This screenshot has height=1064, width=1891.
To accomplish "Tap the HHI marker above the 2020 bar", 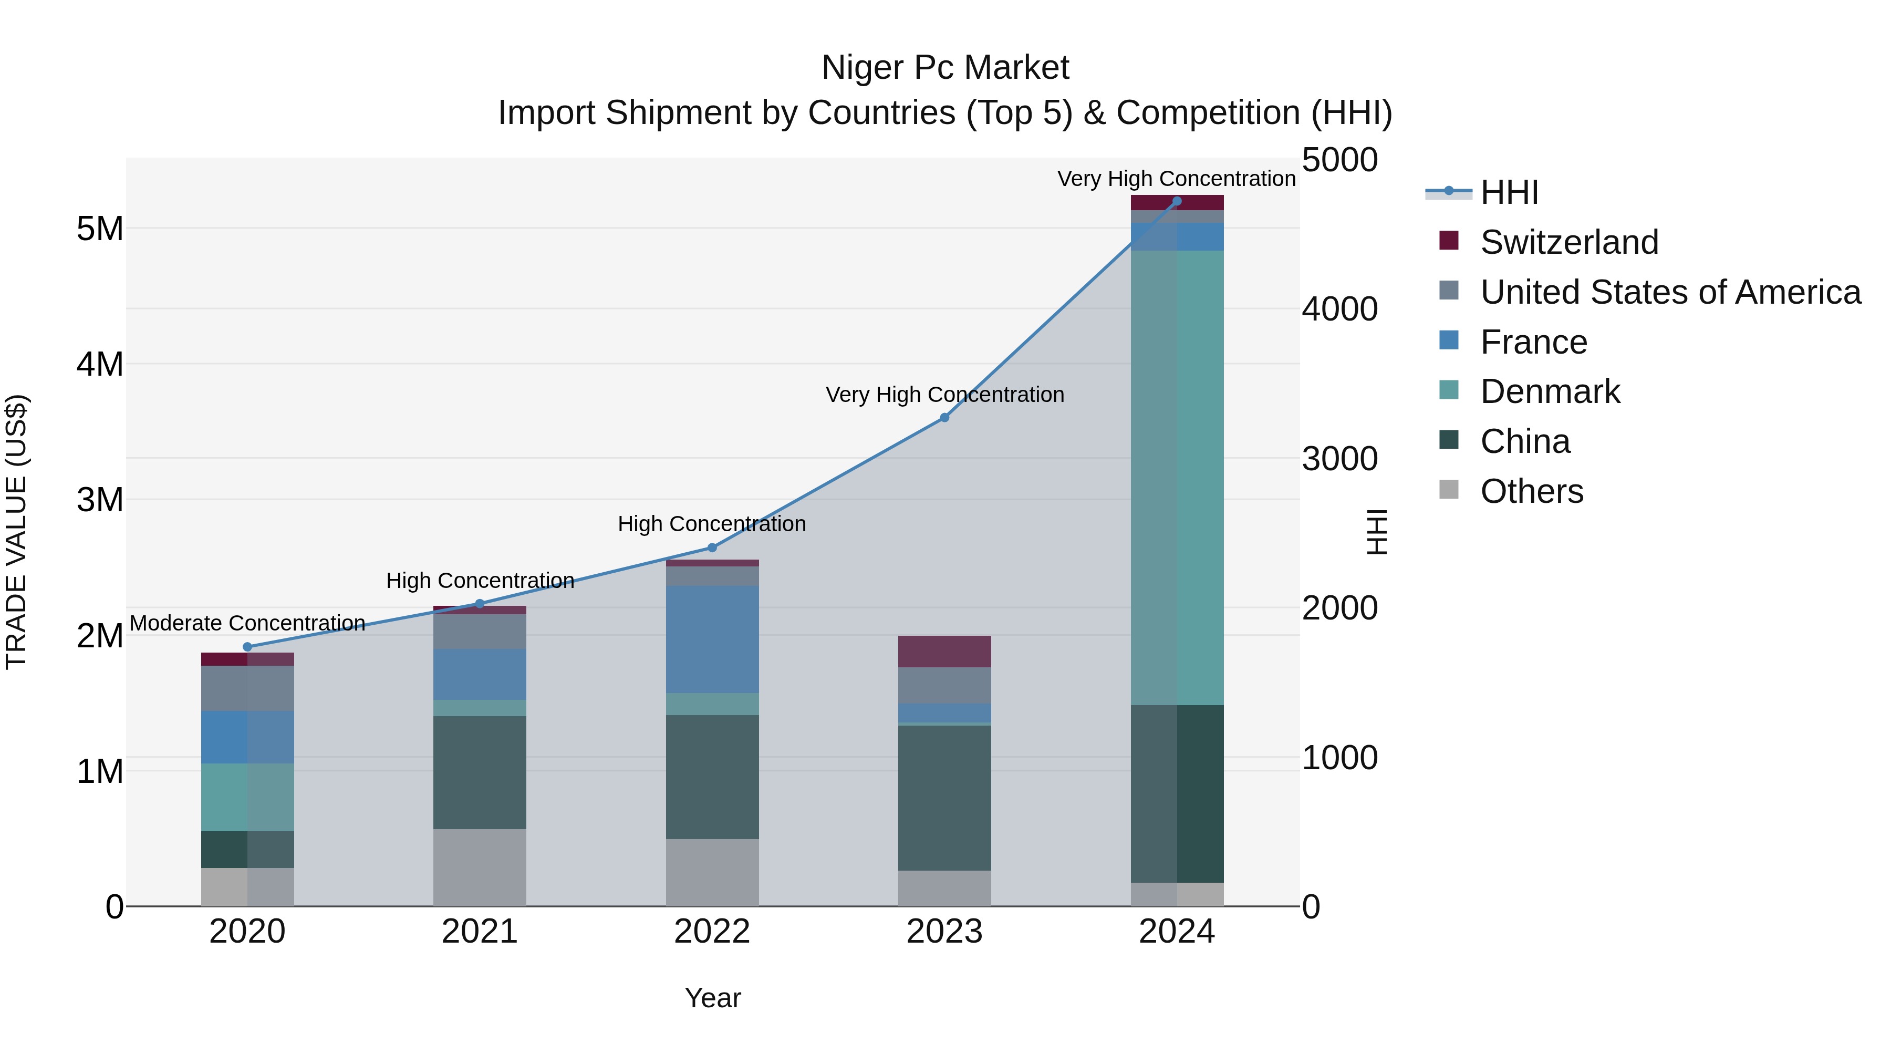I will (247, 647).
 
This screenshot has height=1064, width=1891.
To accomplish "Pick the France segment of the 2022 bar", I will (712, 639).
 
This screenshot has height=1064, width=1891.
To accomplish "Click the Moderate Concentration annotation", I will (247, 623).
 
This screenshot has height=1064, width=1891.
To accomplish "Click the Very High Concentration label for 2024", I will (1176, 179).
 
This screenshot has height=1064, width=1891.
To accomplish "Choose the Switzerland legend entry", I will (1568, 242).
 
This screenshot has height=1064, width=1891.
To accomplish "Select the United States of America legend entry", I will (1670, 292).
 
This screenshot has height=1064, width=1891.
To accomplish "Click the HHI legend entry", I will (1509, 192).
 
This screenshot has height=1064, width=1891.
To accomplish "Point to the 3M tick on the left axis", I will (100, 500).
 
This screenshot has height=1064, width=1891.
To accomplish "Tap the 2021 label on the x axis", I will (480, 932).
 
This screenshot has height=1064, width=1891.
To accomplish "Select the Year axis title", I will (712, 998).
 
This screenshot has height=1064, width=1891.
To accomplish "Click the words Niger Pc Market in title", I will (945, 68).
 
